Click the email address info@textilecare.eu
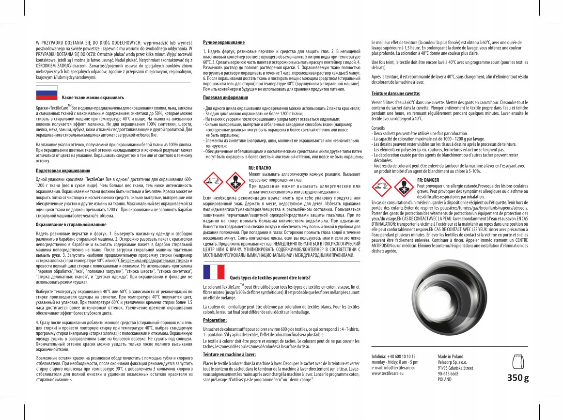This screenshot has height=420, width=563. click(x=394, y=368)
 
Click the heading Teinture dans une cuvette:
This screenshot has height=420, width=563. click(x=395, y=93)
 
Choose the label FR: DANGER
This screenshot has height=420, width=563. click(x=428, y=180)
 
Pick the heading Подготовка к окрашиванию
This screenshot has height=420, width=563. click(x=63, y=171)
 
